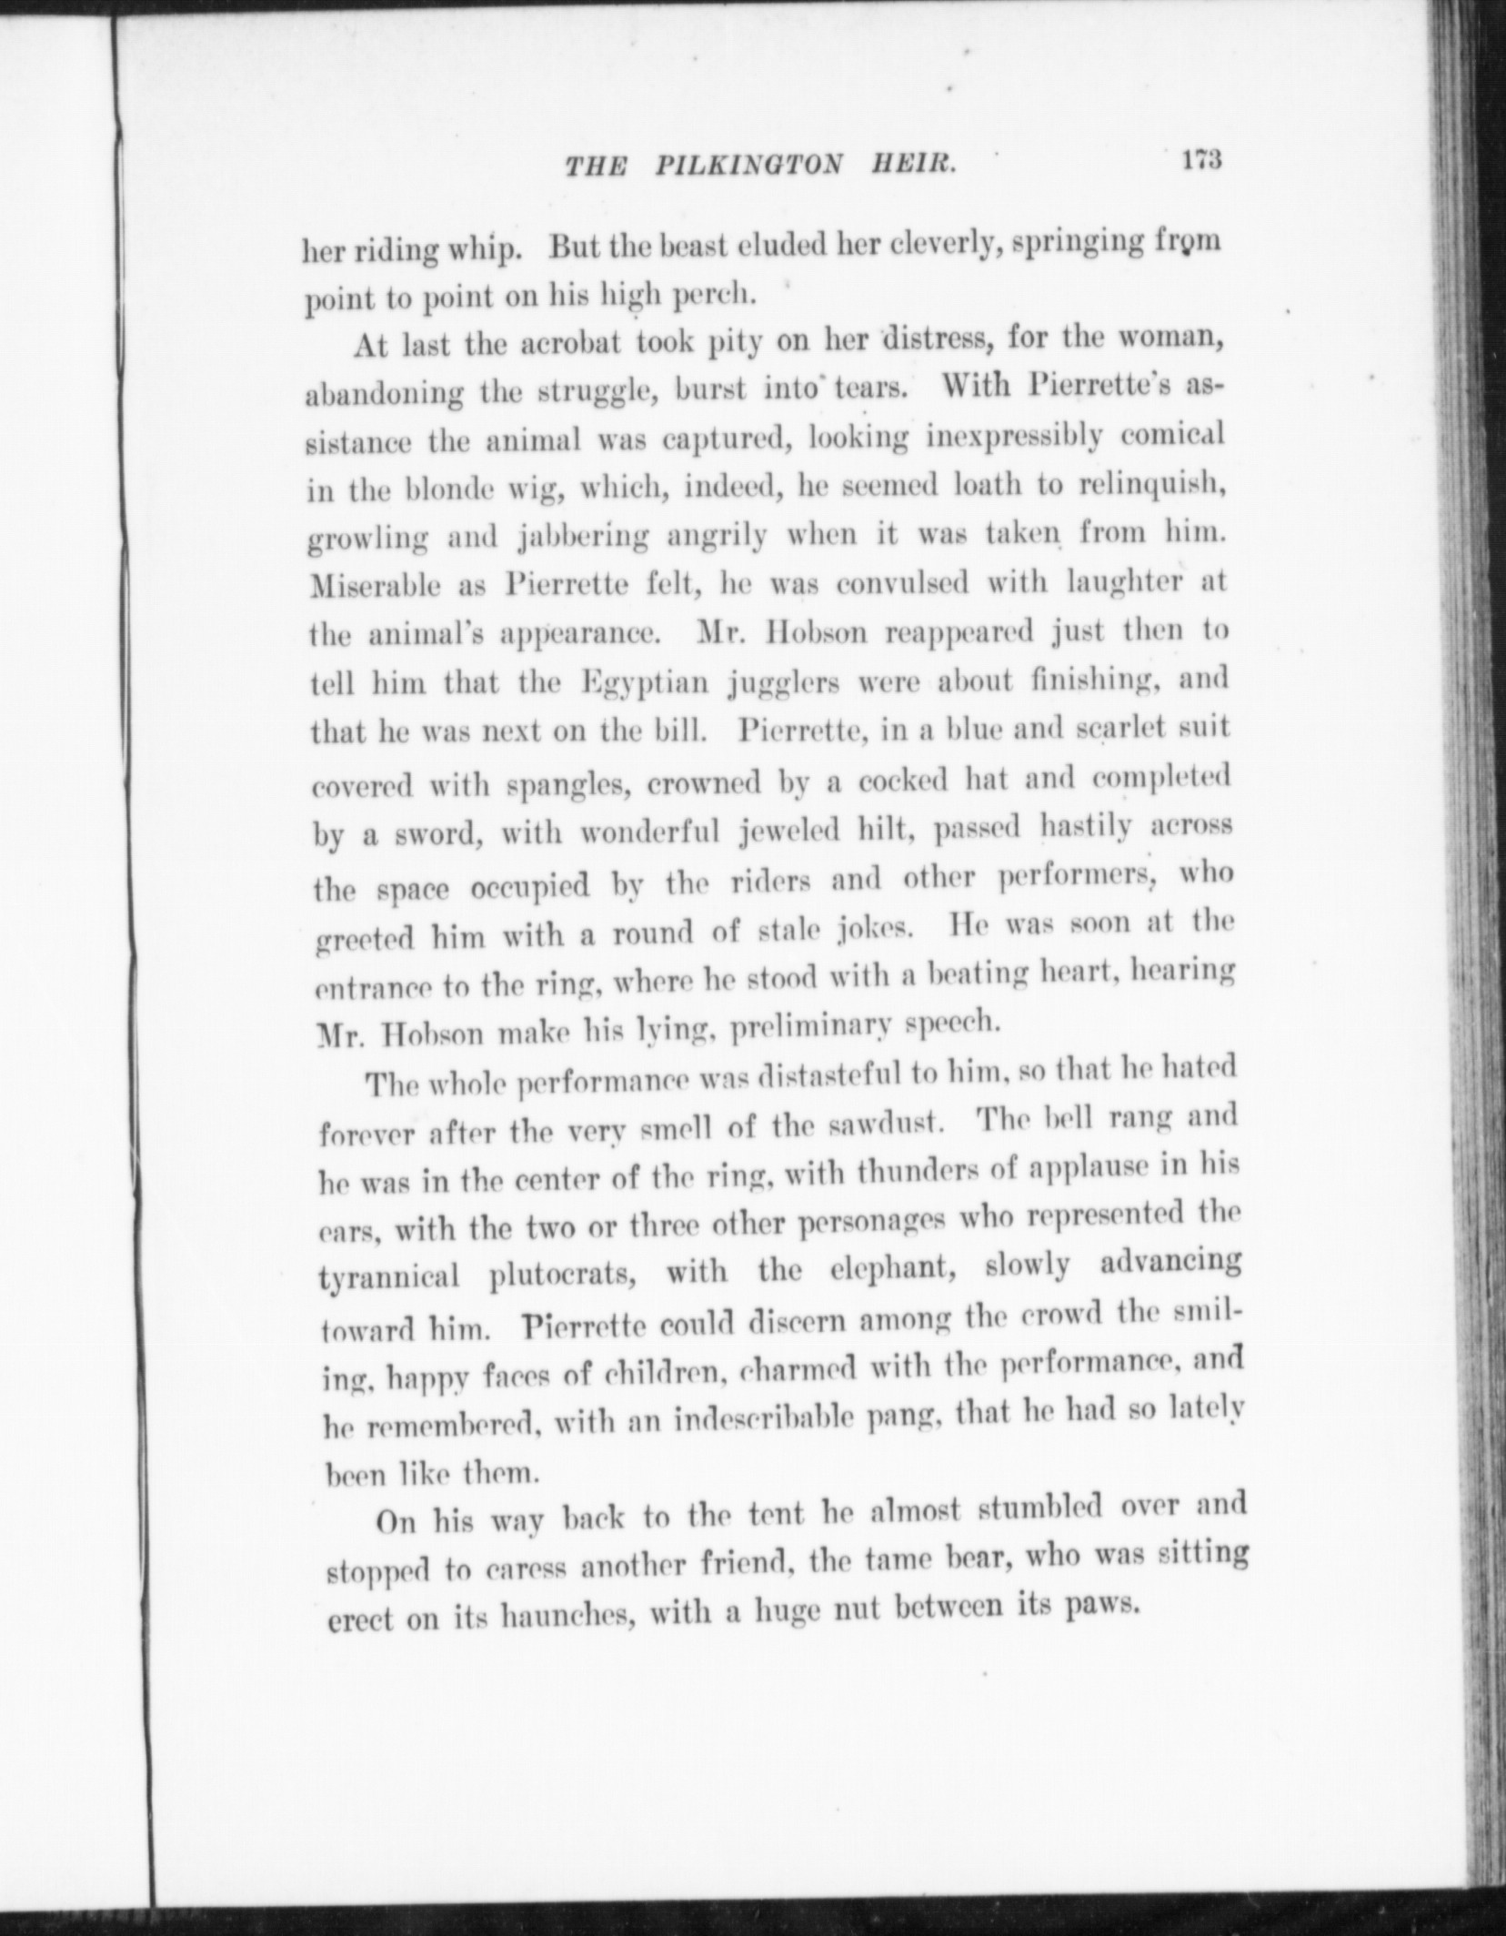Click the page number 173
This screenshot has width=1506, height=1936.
pos(1200,159)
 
